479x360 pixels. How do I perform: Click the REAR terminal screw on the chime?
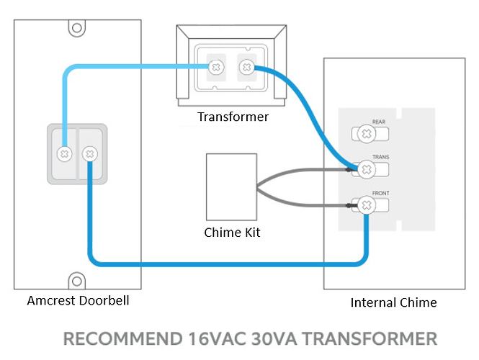click(x=366, y=134)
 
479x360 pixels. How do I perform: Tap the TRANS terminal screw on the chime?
click(x=366, y=170)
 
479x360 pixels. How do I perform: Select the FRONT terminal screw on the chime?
click(x=366, y=207)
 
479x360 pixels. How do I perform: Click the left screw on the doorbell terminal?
click(x=65, y=153)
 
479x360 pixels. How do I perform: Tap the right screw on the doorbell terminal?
click(x=89, y=153)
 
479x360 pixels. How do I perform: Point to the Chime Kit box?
click(x=231, y=186)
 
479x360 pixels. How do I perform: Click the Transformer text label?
click(x=232, y=117)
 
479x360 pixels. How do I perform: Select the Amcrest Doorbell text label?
click(x=78, y=300)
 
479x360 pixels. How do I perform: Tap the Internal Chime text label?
click(x=393, y=302)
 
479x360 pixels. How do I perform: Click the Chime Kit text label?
click(x=232, y=232)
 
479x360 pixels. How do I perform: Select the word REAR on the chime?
click(x=380, y=122)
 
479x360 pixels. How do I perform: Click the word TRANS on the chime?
click(x=380, y=157)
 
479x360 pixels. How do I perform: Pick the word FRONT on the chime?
click(x=380, y=194)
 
